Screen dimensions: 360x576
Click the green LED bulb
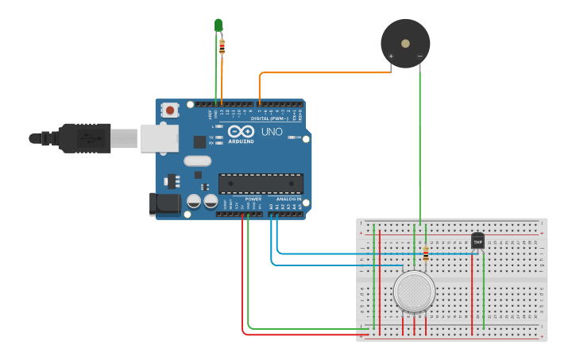[x=218, y=25]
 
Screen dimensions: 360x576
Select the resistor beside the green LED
[x=222, y=46]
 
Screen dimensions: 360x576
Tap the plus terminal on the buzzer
[x=391, y=56]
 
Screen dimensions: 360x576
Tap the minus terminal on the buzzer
[x=419, y=56]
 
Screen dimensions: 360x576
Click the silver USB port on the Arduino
[x=159, y=137]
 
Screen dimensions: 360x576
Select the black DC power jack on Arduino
[x=164, y=203]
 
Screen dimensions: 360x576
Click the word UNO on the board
[x=272, y=131]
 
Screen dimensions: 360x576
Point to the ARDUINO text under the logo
[x=241, y=141]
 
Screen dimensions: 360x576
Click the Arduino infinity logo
[x=241, y=132]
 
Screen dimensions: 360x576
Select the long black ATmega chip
[x=261, y=184]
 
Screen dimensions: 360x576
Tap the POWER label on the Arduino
[x=253, y=199]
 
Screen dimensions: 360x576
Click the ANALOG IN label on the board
[x=288, y=199]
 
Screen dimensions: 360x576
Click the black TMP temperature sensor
[x=477, y=240]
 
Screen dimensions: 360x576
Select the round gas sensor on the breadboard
[x=414, y=292]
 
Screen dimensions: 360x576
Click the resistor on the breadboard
[x=426, y=254]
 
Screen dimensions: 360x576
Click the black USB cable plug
[x=83, y=137]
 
